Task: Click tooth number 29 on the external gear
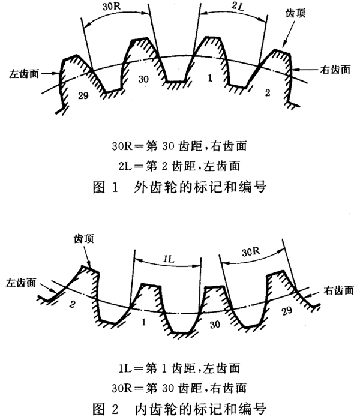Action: [x=83, y=96]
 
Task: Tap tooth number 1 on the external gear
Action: [x=209, y=78]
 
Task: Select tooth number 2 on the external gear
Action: [x=268, y=93]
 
